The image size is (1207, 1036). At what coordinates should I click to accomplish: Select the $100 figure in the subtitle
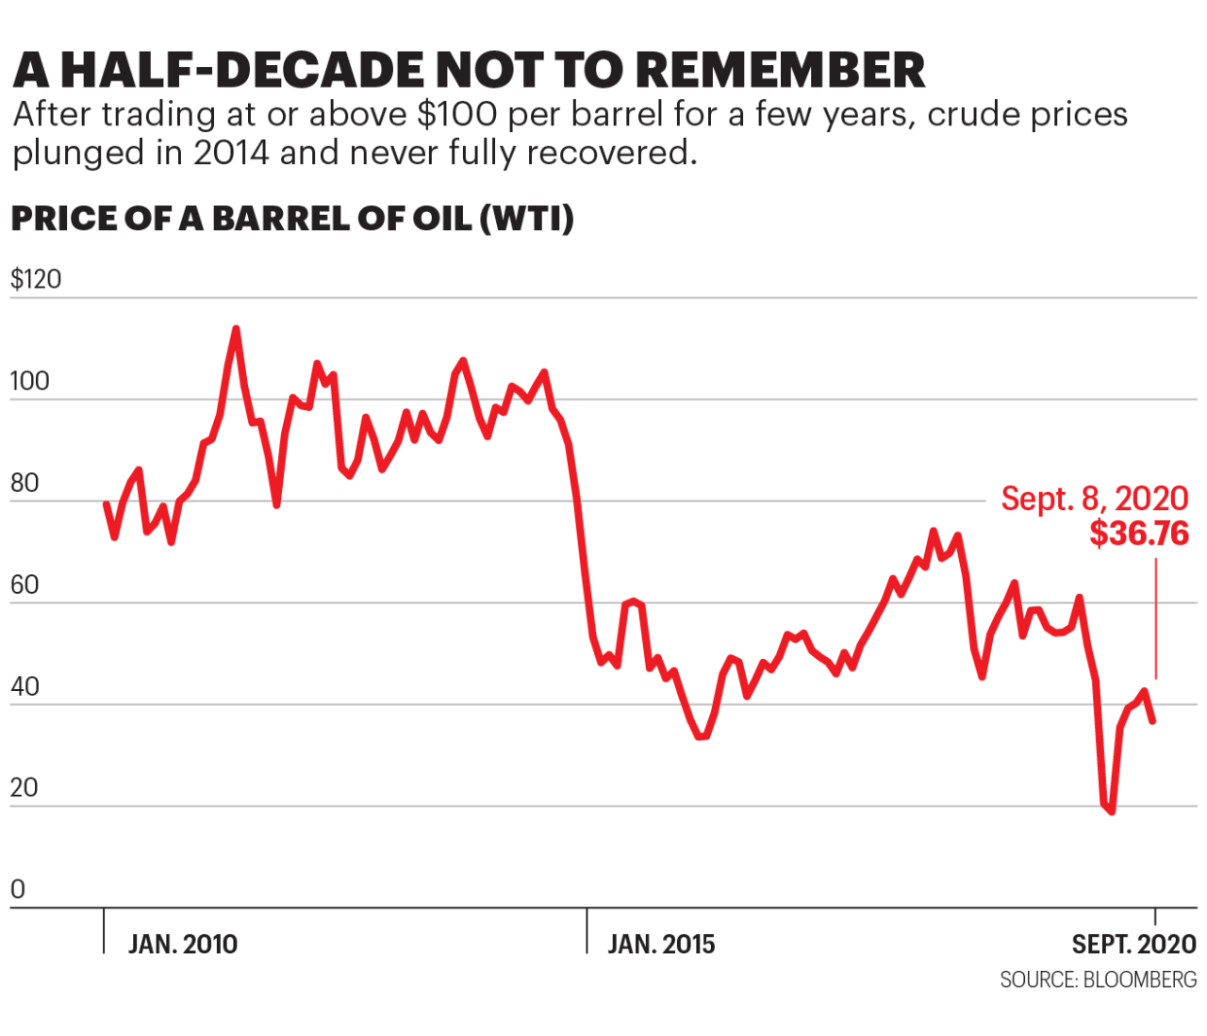point(457,114)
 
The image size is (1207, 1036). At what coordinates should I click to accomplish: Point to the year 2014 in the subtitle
point(231,153)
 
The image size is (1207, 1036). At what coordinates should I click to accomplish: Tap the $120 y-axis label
point(36,279)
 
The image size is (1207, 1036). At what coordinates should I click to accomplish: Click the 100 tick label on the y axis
point(29,381)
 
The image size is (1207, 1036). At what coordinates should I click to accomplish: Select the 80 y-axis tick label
point(25,483)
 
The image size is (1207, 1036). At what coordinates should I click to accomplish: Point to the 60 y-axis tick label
point(25,584)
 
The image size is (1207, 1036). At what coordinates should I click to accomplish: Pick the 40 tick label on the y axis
point(25,686)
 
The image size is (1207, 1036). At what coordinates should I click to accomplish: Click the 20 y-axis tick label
point(25,788)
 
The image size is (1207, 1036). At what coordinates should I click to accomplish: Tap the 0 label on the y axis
point(17,889)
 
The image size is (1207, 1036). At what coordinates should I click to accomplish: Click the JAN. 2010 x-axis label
point(183,945)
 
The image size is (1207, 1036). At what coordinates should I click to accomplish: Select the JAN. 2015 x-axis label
point(661,945)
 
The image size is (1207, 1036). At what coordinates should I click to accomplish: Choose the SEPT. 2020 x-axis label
point(1133,945)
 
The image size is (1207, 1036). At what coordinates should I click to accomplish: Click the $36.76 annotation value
point(1139,534)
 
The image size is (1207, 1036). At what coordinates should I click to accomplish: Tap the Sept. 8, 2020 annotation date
point(1095,498)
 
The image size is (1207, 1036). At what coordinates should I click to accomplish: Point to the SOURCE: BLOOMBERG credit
point(1098,980)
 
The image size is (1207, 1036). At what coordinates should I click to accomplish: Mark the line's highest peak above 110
point(236,329)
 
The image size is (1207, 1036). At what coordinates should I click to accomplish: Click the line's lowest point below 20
point(1112,811)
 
